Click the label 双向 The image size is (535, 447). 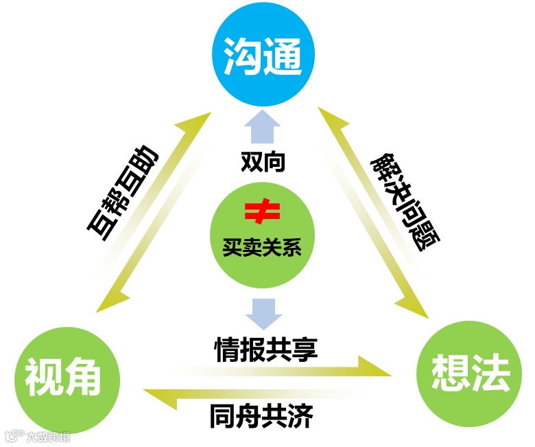(x=263, y=162)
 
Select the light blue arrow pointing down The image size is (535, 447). (x=263, y=313)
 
